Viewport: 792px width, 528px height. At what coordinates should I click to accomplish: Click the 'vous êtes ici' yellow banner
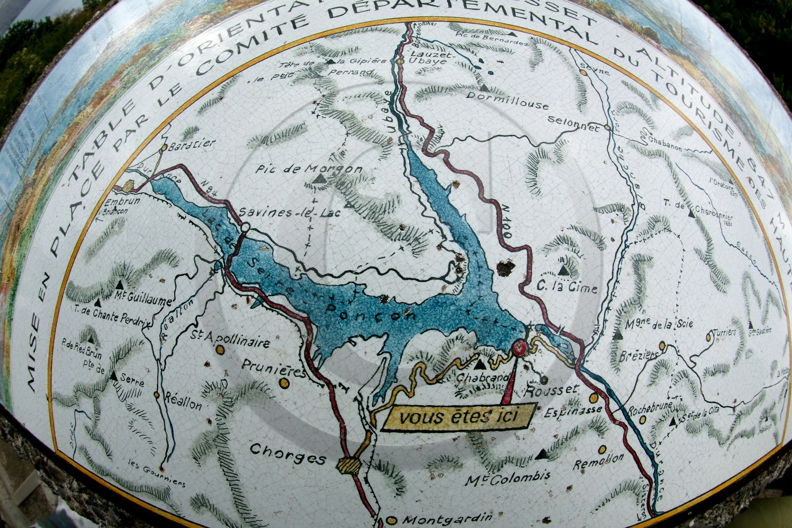point(457,417)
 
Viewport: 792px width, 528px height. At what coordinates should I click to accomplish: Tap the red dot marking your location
point(519,347)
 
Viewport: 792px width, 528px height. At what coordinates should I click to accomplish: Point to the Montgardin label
point(447,519)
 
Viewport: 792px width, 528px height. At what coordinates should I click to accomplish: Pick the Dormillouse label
point(507,101)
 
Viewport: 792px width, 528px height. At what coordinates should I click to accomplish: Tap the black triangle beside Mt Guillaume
point(119,285)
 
